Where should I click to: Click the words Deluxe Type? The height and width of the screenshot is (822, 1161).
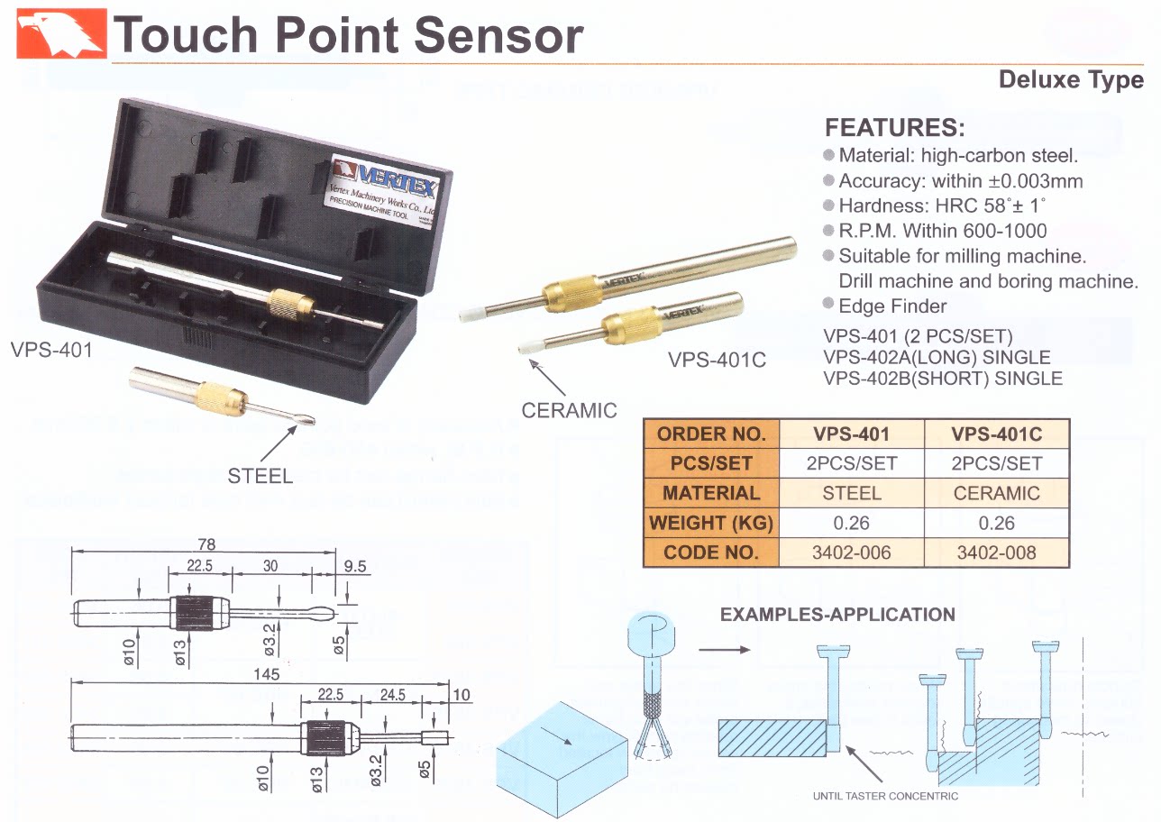pyautogui.click(x=1071, y=80)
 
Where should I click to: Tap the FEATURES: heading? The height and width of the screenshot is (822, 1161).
pyautogui.click(x=894, y=127)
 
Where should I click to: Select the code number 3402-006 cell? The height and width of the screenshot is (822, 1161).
pyautogui.click(x=851, y=552)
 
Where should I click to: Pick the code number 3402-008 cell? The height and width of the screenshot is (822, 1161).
pyautogui.click(x=996, y=552)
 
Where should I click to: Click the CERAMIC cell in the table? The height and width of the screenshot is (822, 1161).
pyautogui.click(x=996, y=493)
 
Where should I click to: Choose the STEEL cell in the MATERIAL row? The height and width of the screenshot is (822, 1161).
pyautogui.click(x=851, y=493)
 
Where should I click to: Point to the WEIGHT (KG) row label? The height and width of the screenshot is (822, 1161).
pyautogui.click(x=711, y=523)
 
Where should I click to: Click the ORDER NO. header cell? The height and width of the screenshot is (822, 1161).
pyautogui.click(x=711, y=434)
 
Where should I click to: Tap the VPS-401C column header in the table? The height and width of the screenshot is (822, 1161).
pyautogui.click(x=996, y=434)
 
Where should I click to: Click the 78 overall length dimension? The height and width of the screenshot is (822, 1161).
pyautogui.click(x=206, y=544)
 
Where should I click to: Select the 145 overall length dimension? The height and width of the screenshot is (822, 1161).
pyautogui.click(x=267, y=674)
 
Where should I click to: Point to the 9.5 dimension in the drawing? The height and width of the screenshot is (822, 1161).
pyautogui.click(x=356, y=566)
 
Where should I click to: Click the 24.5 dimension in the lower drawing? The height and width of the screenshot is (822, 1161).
pyautogui.click(x=393, y=695)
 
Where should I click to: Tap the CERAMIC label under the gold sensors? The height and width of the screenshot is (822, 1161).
pyautogui.click(x=569, y=411)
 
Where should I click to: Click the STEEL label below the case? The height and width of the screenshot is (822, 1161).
pyautogui.click(x=260, y=476)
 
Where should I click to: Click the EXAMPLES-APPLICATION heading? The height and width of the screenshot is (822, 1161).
pyautogui.click(x=837, y=616)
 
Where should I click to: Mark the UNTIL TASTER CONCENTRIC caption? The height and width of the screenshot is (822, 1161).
pyautogui.click(x=885, y=796)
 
